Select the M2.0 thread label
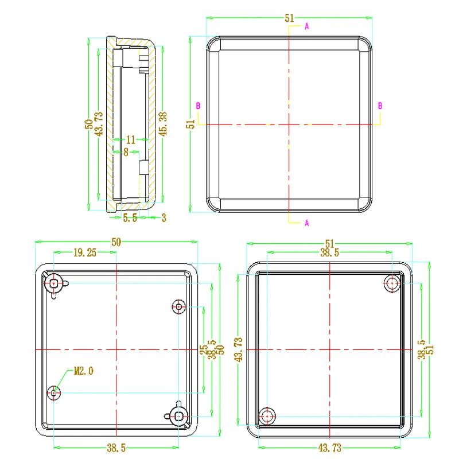pyautogui.click(x=84, y=371)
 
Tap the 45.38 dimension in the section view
pyautogui.click(x=163, y=124)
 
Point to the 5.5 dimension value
pyautogui.click(x=130, y=218)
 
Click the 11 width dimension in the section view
pyautogui.click(x=131, y=139)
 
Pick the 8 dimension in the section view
pyautogui.click(x=126, y=152)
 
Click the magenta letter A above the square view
pyautogui.click(x=307, y=26)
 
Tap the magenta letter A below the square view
pyautogui.click(x=307, y=223)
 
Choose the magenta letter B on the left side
pyautogui.click(x=198, y=106)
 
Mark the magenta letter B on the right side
pyautogui.click(x=380, y=106)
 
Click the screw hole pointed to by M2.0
pyautogui.click(x=54, y=392)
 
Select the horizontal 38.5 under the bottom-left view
pyautogui.click(x=118, y=448)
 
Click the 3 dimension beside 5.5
pyautogui.click(x=164, y=218)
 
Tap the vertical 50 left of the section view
pyautogui.click(x=89, y=124)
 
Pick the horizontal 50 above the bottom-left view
pyautogui.click(x=116, y=243)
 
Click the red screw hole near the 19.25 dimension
pyautogui.click(x=54, y=283)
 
